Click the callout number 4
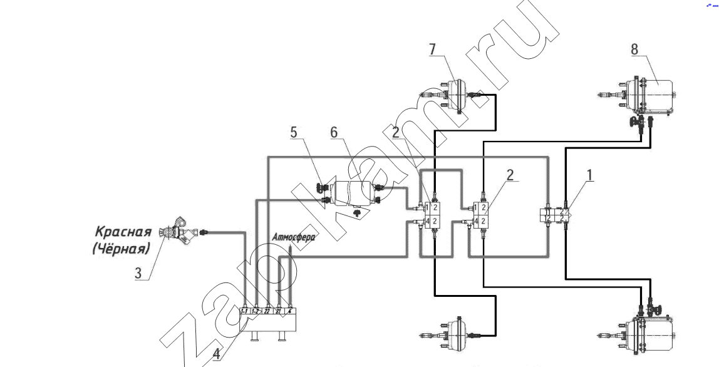tap(216, 353)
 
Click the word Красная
tap(123, 232)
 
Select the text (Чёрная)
tap(121, 249)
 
